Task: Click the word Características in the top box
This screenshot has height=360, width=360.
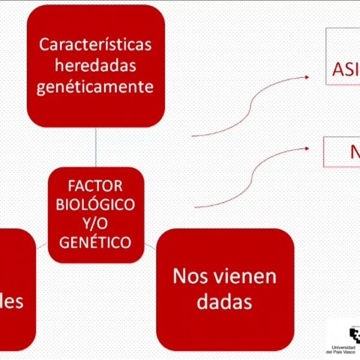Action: tap(95, 45)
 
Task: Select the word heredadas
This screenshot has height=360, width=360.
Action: tap(95, 66)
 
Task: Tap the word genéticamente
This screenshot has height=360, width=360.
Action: tap(95, 87)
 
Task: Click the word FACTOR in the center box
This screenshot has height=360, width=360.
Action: tap(95, 185)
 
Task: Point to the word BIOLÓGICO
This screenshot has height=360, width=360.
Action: tap(95, 205)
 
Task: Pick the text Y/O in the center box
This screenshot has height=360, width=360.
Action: tap(95, 224)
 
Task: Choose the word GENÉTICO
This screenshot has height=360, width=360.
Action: tap(95, 243)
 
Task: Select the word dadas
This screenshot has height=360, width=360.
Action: tap(224, 301)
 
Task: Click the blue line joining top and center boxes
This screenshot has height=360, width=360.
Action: tap(95, 147)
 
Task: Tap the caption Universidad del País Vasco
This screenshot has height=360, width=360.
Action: tap(344, 350)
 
